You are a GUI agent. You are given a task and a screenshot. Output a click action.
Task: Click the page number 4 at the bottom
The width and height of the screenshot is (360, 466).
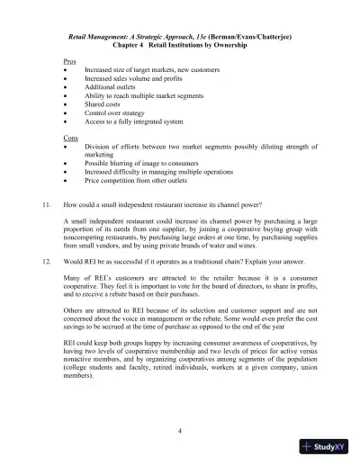coord(180,431)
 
